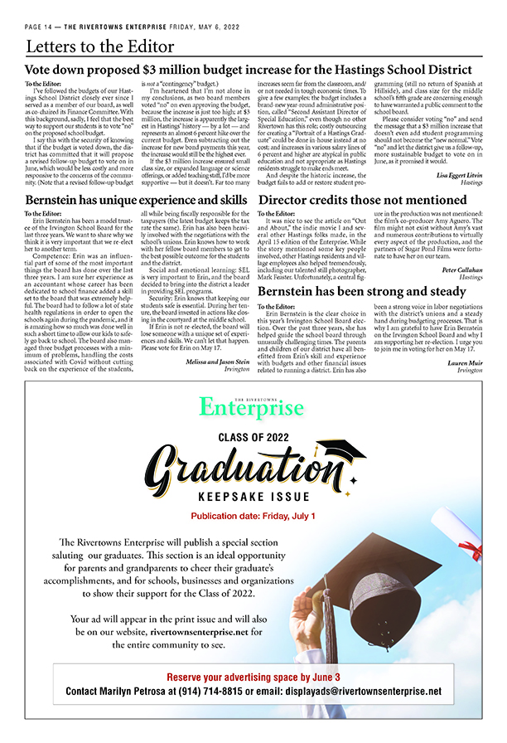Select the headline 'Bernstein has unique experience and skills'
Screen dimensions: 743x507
click(x=136, y=200)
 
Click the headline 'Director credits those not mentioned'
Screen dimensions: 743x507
click(x=361, y=200)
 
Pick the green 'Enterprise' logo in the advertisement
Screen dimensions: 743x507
click(x=252, y=407)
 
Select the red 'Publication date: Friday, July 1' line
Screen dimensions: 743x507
click(x=252, y=517)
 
